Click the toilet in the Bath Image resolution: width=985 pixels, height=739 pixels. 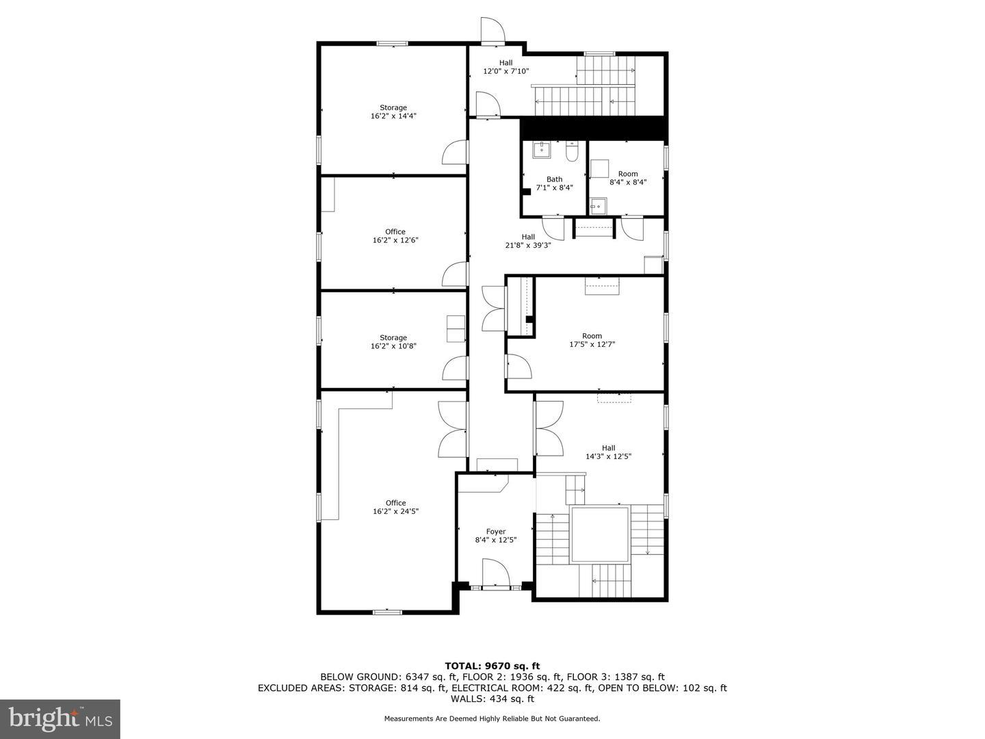coord(572,152)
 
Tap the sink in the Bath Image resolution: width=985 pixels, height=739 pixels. coord(542,150)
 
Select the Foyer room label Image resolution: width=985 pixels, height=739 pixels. coord(496,531)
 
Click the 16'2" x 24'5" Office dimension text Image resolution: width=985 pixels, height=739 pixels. coord(395,511)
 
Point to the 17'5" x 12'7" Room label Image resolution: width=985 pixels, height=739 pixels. coord(592,340)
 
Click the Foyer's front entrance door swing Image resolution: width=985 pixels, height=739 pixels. coord(495,571)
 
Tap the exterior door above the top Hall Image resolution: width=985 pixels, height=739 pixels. coord(493,30)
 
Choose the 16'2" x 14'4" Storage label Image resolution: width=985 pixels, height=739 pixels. coord(393,112)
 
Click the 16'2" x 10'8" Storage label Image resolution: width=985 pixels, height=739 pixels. coord(393,342)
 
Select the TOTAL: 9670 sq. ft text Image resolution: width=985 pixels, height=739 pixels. coord(492,666)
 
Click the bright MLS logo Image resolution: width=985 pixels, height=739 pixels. coord(60,718)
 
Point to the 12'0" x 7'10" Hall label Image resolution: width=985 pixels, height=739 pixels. coord(505,67)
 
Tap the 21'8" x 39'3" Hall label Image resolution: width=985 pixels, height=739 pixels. coord(528,241)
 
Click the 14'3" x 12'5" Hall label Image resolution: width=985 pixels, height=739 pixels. coord(609,452)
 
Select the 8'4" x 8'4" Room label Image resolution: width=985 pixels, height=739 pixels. coord(628,178)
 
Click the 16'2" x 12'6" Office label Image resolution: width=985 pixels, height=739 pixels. coord(395,235)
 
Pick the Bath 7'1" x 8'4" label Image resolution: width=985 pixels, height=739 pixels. coord(555,183)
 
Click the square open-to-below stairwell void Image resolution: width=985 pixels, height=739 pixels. coord(600,534)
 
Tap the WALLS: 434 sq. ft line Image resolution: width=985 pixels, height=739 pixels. coord(492,699)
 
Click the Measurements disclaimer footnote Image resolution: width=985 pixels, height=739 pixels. coord(492,718)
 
